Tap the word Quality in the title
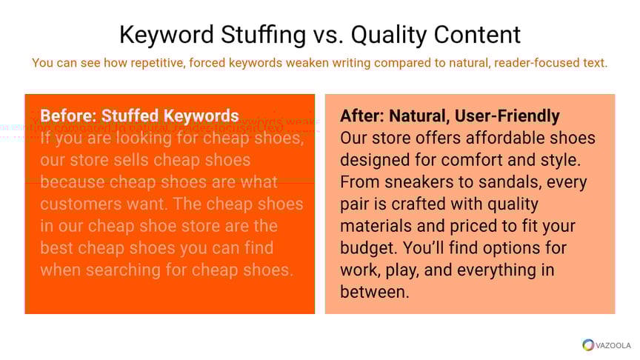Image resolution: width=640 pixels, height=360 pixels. click(392, 34)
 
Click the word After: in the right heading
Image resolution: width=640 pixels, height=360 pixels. click(362, 116)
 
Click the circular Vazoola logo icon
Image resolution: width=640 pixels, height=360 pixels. click(588, 345)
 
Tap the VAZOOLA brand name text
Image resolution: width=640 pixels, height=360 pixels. click(613, 345)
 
